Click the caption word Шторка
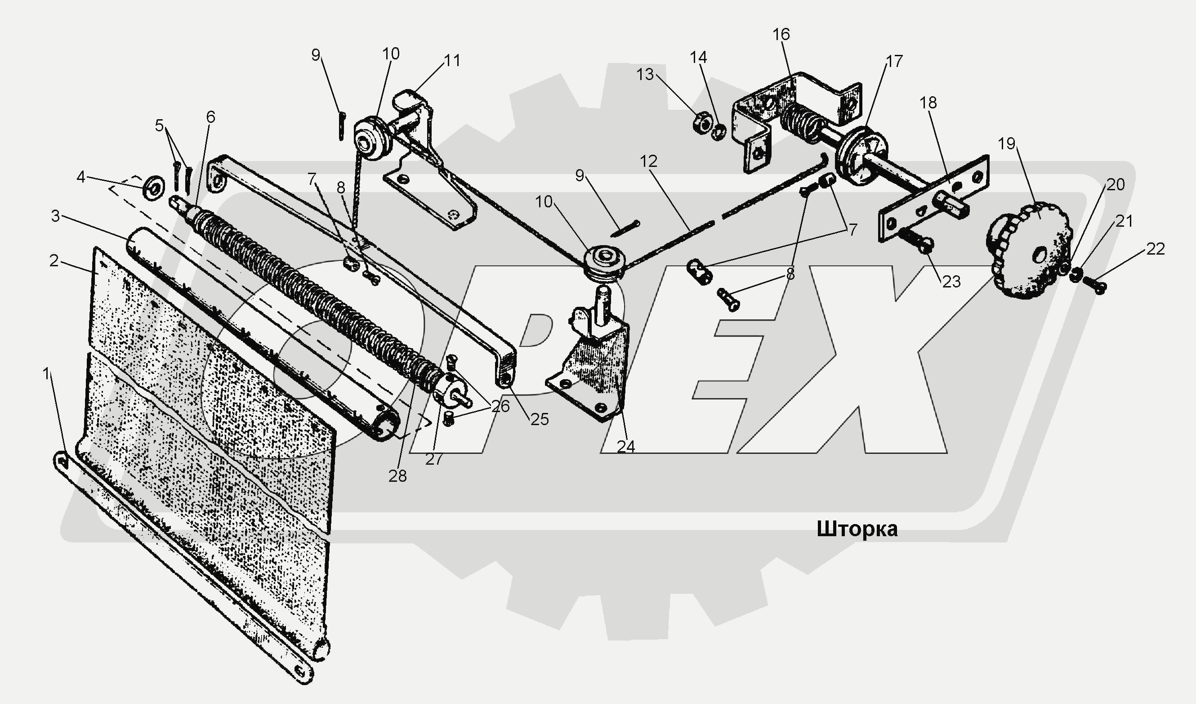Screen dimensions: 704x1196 pos(857,529)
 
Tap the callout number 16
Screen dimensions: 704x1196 pos(781,35)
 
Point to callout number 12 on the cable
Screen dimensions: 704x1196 pos(648,161)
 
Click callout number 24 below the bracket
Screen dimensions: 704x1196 pos(625,446)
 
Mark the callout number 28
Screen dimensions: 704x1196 pos(397,476)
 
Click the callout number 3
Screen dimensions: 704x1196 pos(56,216)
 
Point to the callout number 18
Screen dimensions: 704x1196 pos(928,103)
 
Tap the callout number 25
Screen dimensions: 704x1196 pos(540,419)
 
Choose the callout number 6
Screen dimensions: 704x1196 pos(210,117)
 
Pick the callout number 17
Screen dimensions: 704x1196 pos(894,61)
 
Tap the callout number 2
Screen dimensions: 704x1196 pos(54,260)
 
